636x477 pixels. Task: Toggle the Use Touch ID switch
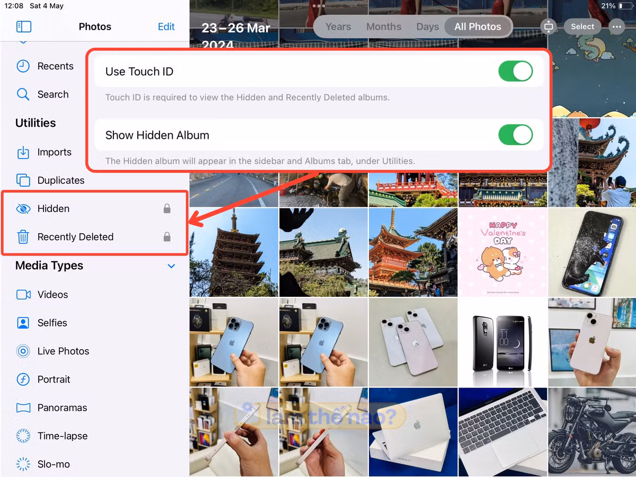tap(515, 72)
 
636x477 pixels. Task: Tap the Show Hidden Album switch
tap(515, 135)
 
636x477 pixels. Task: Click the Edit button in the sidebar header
tap(166, 26)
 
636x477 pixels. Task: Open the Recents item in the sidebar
tap(55, 66)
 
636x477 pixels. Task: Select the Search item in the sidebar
tap(53, 94)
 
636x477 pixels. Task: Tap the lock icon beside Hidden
tap(167, 209)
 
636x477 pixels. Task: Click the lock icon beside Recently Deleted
tap(167, 237)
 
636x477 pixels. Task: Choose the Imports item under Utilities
tap(54, 152)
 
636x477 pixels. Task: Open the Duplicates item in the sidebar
tap(60, 180)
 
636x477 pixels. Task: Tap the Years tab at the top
tap(338, 26)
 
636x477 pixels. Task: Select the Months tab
tap(384, 26)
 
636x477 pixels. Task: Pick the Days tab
tap(427, 26)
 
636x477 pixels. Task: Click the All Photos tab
tap(478, 26)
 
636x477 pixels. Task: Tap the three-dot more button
tap(616, 26)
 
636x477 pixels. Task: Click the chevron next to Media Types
tap(171, 266)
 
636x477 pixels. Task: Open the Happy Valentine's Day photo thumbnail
tap(503, 252)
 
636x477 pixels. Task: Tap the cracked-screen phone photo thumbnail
tap(592, 252)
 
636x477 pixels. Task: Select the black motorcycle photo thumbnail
tap(592, 432)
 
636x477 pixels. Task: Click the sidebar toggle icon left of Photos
tap(24, 26)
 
